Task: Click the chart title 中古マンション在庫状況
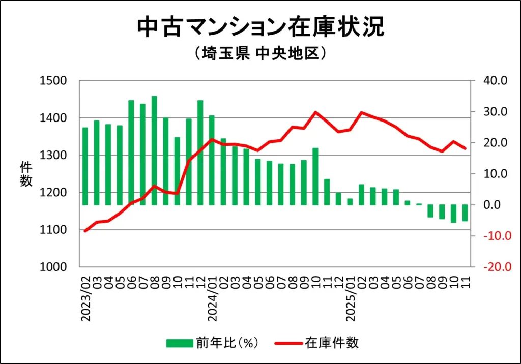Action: coord(260,27)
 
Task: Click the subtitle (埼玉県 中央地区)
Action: coord(260,53)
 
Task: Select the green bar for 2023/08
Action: coord(154,150)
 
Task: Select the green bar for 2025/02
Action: coord(362,195)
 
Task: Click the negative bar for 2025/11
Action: coord(465,213)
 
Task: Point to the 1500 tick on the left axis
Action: coord(56,81)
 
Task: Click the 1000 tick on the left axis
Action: coord(56,267)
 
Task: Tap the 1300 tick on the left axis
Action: coord(56,155)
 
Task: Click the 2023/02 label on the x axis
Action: coord(85,299)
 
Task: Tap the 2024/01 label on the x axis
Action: coord(212,299)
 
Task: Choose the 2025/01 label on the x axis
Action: coord(350,299)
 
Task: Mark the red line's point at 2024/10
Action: coord(315,112)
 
